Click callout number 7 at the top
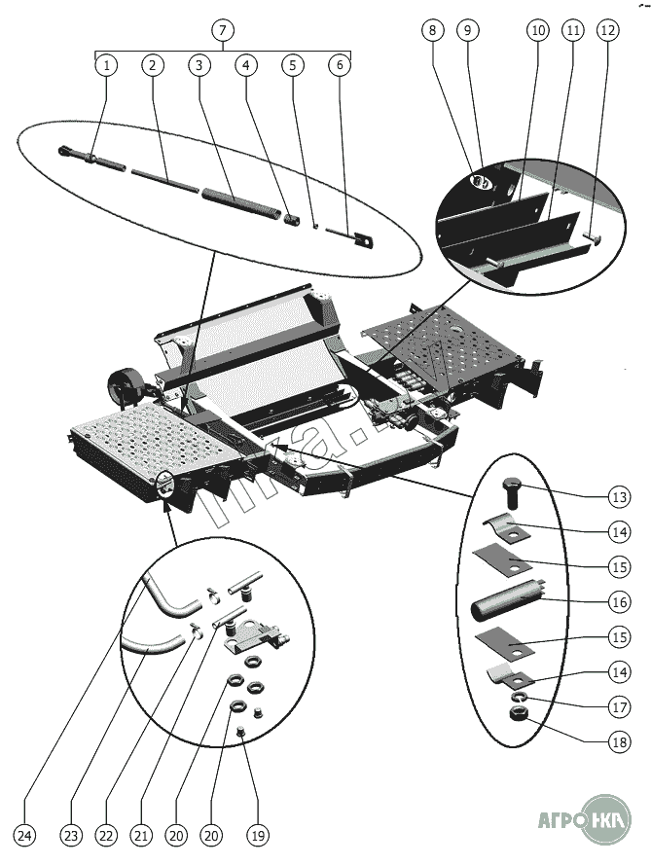223,30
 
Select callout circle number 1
105,65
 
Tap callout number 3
199,65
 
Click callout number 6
340,65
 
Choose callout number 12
607,30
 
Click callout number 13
619,496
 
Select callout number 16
619,601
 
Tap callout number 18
619,741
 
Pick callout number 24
24,836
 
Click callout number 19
258,836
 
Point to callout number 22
106,836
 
